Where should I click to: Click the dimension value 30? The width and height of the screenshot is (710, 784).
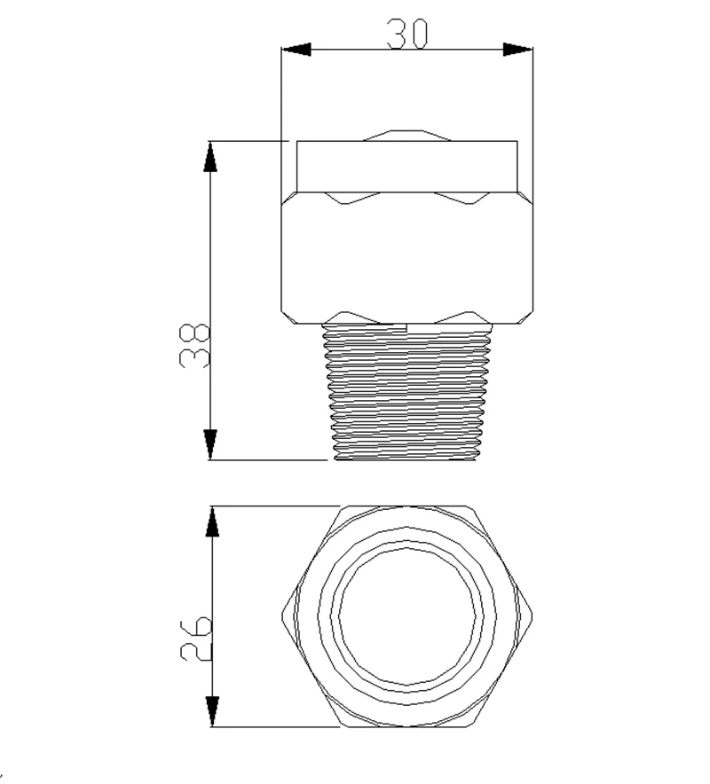(x=407, y=33)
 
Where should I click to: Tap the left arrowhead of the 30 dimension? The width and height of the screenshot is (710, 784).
(x=296, y=49)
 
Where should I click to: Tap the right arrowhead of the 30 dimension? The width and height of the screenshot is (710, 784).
(x=518, y=49)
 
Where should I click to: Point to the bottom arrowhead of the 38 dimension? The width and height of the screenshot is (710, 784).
(x=211, y=444)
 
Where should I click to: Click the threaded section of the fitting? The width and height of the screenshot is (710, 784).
(x=407, y=390)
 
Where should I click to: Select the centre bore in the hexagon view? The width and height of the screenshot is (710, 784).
(x=407, y=617)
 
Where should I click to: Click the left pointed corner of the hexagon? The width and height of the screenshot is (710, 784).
(x=282, y=617)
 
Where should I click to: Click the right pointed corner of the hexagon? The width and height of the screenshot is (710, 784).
(x=532, y=617)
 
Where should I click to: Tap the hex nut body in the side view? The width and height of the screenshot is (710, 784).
(x=407, y=257)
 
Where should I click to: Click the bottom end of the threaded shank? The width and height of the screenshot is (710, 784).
(x=407, y=458)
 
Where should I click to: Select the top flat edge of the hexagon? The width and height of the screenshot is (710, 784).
(x=407, y=508)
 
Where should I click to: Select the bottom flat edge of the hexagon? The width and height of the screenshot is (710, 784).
(x=407, y=726)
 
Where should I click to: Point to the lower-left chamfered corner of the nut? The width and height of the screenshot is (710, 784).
(x=288, y=314)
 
